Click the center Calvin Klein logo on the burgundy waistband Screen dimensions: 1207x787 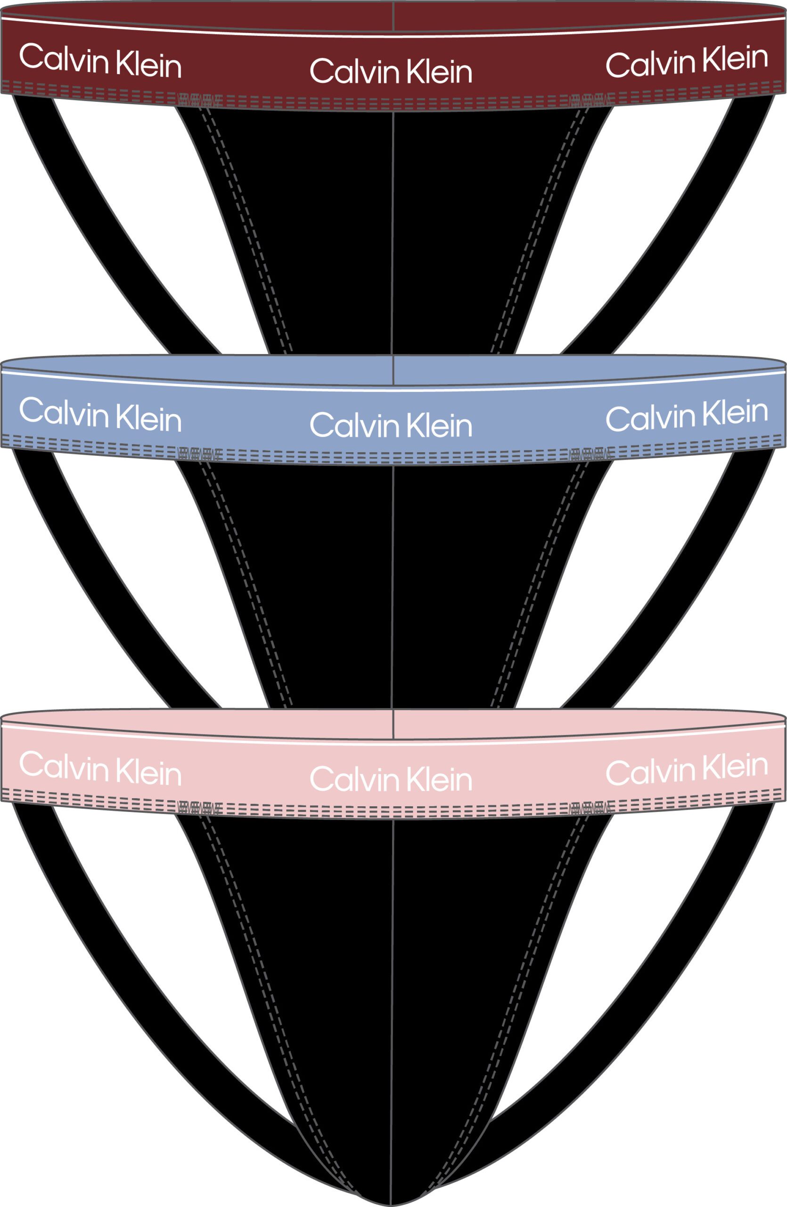(x=391, y=71)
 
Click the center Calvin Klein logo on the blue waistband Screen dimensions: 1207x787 (x=391, y=425)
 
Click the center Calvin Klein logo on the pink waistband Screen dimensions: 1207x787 (x=391, y=779)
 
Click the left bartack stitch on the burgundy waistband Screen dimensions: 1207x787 (x=200, y=98)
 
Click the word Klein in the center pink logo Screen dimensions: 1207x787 (x=439, y=779)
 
